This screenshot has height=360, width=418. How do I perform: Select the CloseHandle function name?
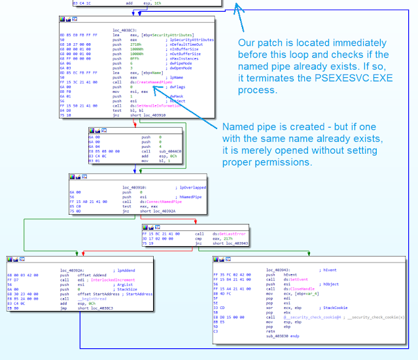[289, 289]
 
